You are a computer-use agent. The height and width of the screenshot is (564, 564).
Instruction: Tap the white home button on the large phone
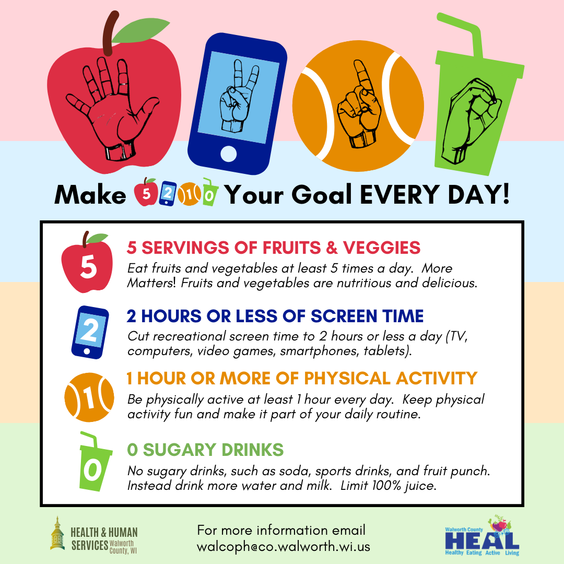click(x=228, y=154)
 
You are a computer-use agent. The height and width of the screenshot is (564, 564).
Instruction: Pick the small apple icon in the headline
click(x=146, y=192)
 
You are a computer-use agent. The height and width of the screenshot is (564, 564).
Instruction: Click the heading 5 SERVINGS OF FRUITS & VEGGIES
click(x=273, y=248)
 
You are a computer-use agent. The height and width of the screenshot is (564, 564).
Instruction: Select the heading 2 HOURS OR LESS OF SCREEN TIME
click(x=275, y=316)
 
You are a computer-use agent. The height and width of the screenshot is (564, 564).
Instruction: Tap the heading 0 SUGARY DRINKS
click(x=205, y=450)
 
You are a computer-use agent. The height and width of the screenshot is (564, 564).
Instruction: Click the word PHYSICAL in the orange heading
click(x=347, y=379)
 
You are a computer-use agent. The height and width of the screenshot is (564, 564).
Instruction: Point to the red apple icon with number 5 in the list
click(x=87, y=262)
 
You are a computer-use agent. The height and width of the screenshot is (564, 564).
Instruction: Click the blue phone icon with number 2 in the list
click(x=90, y=332)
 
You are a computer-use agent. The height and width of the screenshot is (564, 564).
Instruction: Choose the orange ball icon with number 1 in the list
click(x=89, y=397)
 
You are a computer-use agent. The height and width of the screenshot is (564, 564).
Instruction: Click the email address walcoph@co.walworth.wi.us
click(x=284, y=547)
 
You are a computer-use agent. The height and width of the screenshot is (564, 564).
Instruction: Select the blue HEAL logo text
click(x=482, y=540)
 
